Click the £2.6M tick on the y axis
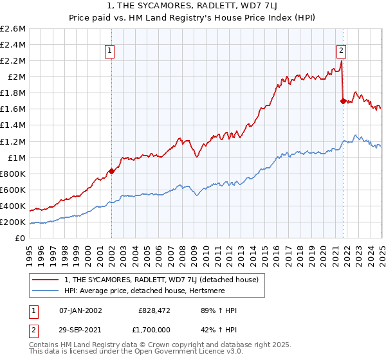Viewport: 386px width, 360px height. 13,29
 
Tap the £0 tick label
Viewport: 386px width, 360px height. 20,239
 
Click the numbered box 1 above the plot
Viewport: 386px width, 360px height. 110,51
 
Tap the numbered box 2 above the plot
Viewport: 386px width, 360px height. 341,51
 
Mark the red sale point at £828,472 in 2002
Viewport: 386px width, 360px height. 111,171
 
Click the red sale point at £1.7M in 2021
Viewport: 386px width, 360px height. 343,101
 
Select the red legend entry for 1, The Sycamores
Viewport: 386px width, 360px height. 161,280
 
